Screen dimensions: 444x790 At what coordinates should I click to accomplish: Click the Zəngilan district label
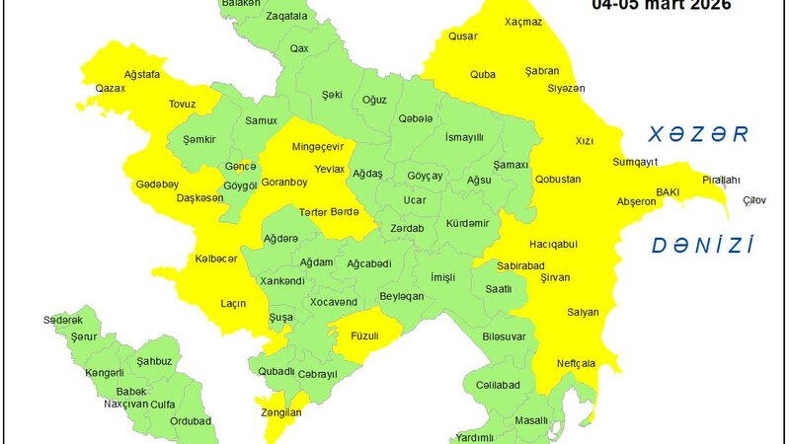pos(276,413)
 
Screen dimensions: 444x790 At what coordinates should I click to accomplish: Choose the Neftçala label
pos(576,363)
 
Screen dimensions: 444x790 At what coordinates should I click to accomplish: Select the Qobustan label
pos(558,180)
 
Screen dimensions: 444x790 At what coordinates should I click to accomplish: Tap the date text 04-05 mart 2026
pos(661,6)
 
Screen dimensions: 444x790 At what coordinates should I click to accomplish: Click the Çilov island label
pos(754,201)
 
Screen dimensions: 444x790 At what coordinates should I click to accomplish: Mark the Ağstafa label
pos(142,74)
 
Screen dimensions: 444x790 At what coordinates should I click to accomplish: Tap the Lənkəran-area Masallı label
pos(531,421)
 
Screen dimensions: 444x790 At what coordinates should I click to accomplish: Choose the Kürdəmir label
pos(466,223)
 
